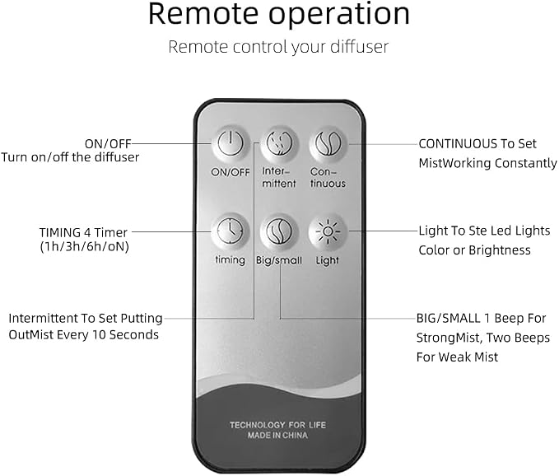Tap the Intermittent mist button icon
(x=279, y=144)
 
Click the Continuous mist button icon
(x=328, y=144)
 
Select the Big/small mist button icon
(x=279, y=231)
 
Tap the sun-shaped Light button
(x=328, y=231)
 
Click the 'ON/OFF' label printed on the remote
(x=231, y=172)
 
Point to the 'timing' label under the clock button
(x=231, y=260)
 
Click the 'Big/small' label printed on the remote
(x=279, y=260)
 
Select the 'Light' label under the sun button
(x=328, y=260)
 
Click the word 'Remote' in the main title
(x=203, y=14)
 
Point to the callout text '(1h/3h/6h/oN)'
(x=84, y=246)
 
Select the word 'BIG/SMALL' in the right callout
(x=448, y=318)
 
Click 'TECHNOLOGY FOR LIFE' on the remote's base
(x=277, y=425)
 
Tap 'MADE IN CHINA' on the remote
(x=277, y=435)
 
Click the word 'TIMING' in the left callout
(x=60, y=232)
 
